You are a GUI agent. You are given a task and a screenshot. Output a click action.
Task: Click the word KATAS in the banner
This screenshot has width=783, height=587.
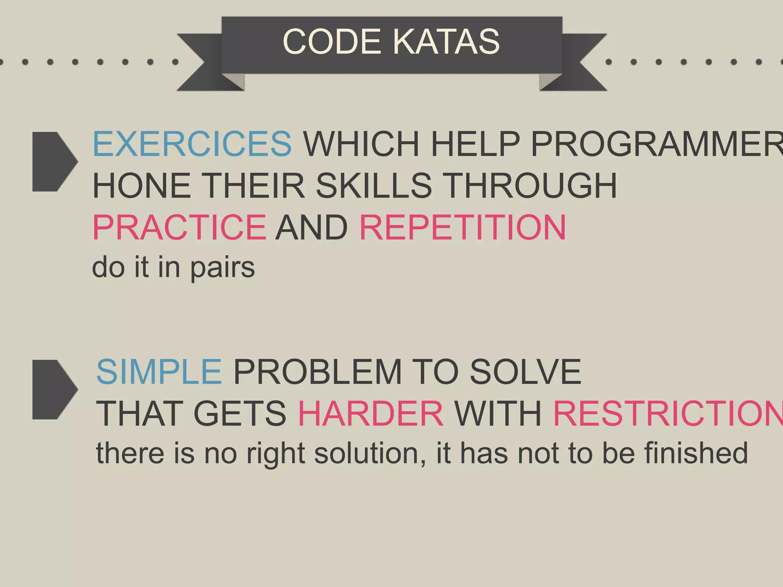tap(446, 42)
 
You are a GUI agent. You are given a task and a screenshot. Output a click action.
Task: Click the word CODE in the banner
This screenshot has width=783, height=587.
tap(331, 42)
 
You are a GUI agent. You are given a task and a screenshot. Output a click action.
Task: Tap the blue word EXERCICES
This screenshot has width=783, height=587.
tap(192, 144)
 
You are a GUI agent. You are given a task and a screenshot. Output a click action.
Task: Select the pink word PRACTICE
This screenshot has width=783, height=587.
tap(179, 227)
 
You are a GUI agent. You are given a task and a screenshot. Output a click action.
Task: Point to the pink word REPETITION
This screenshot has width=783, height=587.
tap(463, 227)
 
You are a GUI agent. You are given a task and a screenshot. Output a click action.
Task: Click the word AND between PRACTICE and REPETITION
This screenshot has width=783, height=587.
tap(312, 227)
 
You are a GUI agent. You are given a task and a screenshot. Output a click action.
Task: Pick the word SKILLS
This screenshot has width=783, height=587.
tap(374, 186)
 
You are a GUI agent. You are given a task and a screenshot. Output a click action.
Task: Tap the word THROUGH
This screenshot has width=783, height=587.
tap(531, 186)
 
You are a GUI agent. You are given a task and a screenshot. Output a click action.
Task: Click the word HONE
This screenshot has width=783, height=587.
tap(142, 186)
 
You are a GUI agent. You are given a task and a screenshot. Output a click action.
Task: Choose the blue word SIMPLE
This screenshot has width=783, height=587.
tap(159, 372)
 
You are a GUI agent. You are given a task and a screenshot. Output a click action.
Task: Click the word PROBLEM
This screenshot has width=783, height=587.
tap(318, 372)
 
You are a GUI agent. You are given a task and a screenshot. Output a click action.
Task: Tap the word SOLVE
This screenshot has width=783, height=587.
tap(525, 372)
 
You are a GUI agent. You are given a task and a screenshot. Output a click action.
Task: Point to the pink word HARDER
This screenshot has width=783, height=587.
tap(370, 413)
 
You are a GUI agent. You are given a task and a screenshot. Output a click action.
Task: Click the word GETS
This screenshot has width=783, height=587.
tap(240, 413)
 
